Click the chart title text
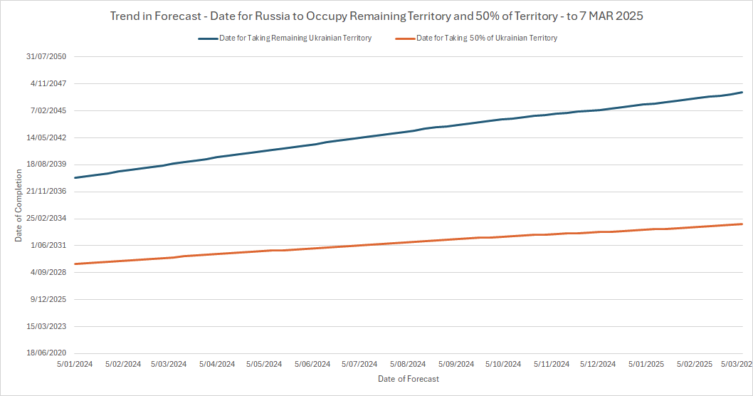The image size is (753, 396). click(x=376, y=16)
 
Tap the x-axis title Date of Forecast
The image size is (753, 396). click(x=409, y=379)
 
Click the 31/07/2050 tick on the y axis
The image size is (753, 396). click(x=47, y=56)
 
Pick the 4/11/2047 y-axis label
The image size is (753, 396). click(x=49, y=83)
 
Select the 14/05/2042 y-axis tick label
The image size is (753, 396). click(x=47, y=137)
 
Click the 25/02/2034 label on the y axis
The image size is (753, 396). click(x=47, y=219)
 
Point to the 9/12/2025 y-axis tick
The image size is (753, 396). click(x=49, y=299)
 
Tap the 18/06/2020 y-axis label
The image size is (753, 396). click(x=47, y=353)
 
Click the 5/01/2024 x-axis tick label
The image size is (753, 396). click(x=74, y=364)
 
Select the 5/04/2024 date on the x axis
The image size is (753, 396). click(x=217, y=364)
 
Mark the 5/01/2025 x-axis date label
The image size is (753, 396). click(x=646, y=364)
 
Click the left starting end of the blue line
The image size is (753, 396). click(x=75, y=177)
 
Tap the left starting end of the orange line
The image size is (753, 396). click(x=75, y=264)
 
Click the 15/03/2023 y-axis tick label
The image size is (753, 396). click(x=47, y=326)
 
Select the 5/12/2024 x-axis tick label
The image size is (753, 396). click(x=599, y=364)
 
